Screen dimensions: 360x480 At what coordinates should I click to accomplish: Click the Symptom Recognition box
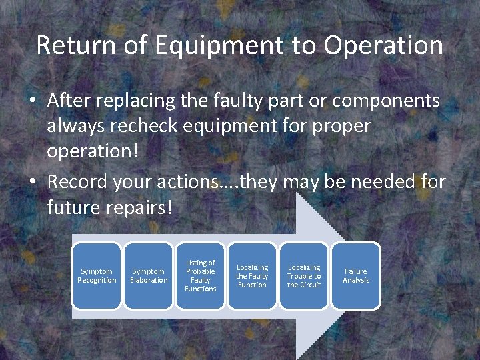tap(97, 276)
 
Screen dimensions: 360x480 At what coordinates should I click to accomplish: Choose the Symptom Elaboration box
tap(149, 276)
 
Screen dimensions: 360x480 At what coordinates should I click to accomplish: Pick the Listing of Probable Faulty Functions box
tap(201, 276)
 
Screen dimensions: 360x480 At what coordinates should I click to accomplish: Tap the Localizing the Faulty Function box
tap(252, 276)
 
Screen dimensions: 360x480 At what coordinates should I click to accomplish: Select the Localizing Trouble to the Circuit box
tap(304, 276)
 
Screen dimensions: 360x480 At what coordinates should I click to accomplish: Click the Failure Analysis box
tap(356, 276)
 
